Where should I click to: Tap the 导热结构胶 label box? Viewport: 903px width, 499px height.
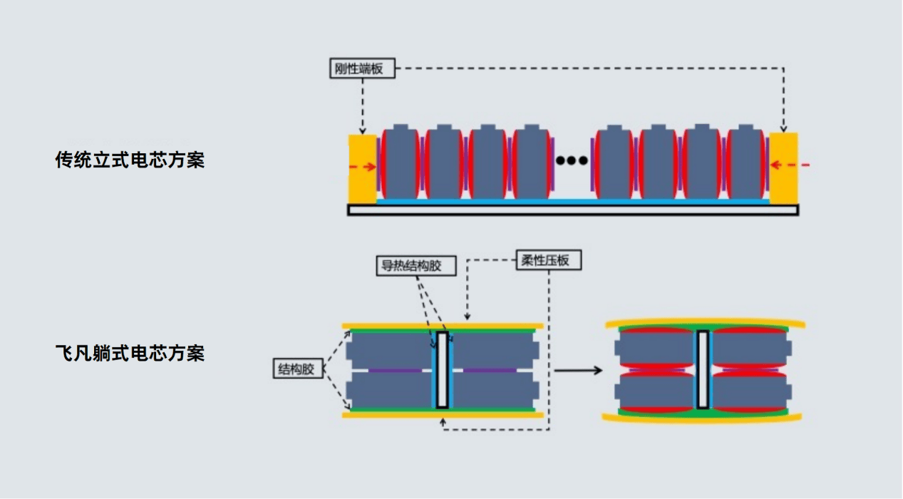[x=408, y=266]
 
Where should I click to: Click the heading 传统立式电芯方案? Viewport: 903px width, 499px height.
[x=130, y=160]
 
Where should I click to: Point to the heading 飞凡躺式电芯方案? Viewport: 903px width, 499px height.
[x=130, y=353]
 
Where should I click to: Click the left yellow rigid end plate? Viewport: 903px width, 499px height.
[x=362, y=168]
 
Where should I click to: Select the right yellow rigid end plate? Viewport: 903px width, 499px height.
[x=782, y=168]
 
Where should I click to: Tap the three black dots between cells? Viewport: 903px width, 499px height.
[x=572, y=160]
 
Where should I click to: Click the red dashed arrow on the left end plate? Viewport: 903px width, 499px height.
[x=363, y=167]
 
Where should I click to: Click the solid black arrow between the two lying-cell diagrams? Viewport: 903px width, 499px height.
[x=577, y=370]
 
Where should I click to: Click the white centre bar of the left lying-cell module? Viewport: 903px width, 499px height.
[x=442, y=370]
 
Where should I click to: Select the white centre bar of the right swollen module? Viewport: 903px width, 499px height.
[x=703, y=369]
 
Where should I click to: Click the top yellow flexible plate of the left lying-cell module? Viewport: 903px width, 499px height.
[x=443, y=326]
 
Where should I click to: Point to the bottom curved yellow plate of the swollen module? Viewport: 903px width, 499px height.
[x=703, y=418]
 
